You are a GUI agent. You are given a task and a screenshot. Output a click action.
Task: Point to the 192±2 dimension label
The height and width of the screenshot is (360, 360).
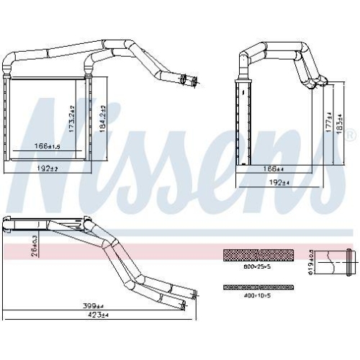coord(47,168)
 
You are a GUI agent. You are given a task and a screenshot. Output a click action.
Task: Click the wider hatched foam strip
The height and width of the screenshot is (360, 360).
coord(258,254)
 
